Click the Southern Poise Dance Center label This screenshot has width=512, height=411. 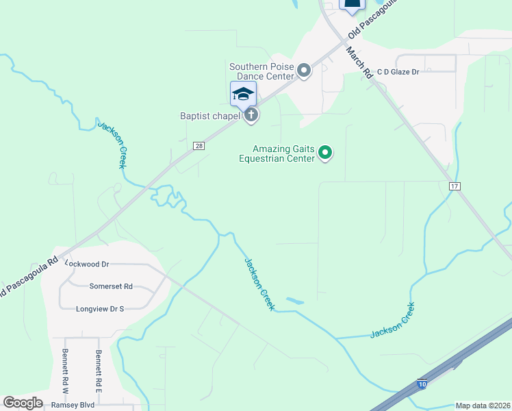click(261, 71)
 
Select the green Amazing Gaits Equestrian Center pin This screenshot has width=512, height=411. click(326, 153)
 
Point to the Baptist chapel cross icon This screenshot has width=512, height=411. click(251, 114)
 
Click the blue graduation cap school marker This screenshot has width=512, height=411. click(243, 94)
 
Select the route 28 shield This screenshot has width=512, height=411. click(199, 146)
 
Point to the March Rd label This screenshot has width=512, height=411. click(358, 62)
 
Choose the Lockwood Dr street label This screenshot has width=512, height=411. click(87, 264)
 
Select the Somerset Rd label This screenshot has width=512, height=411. click(111, 286)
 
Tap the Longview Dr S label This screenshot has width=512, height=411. click(100, 309)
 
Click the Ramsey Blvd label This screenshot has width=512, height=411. click(73, 405)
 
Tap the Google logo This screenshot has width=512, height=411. click(23, 403)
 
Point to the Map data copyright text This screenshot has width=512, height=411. click(483, 406)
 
